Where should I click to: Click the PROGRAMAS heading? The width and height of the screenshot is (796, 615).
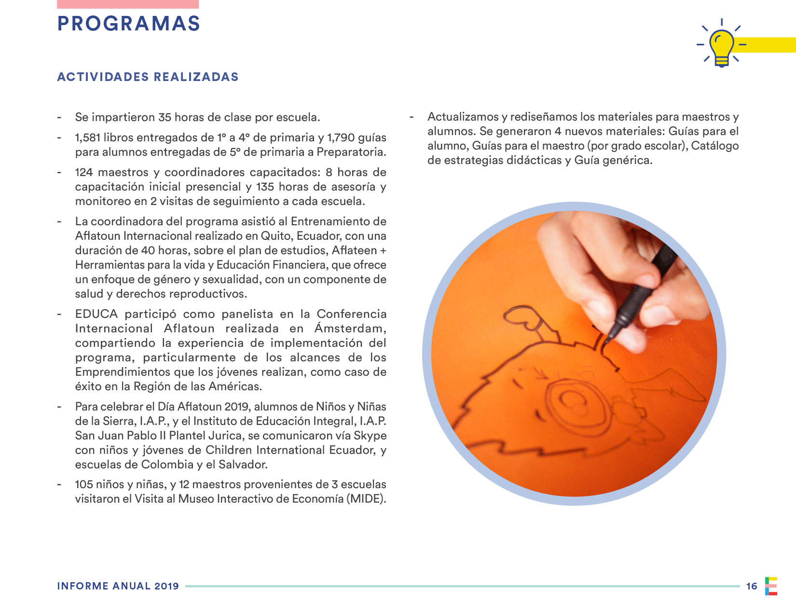point(128,24)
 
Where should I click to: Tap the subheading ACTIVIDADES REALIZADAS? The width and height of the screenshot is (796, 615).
point(148,77)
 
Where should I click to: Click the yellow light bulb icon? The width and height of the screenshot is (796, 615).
point(722,47)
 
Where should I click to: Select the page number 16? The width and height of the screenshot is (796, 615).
point(752,586)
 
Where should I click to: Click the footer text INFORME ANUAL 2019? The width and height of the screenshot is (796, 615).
point(118,586)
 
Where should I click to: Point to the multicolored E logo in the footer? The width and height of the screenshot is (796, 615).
point(771,586)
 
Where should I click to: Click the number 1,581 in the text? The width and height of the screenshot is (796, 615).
point(87,138)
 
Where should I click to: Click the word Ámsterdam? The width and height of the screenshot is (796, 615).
point(350,328)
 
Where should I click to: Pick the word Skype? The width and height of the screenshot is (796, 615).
point(370,436)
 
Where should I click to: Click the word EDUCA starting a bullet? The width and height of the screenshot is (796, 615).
point(96,314)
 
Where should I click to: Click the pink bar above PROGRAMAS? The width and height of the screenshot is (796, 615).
point(128,4)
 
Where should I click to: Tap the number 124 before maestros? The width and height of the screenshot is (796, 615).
point(84,172)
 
